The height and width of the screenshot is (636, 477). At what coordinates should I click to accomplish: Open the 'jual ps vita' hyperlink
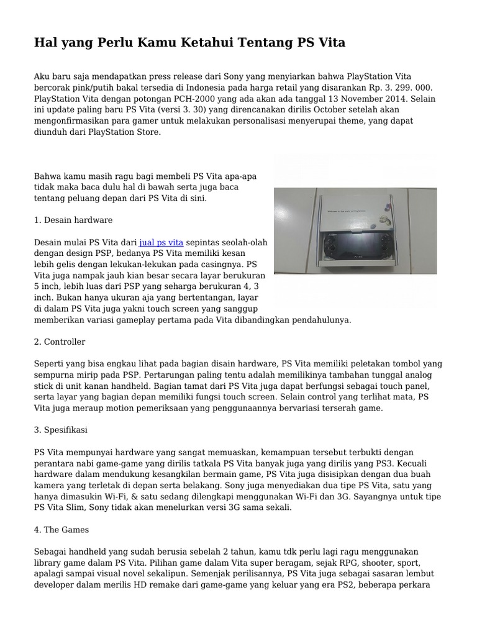[161, 242]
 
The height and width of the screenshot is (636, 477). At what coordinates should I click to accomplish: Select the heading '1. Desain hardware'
[73, 220]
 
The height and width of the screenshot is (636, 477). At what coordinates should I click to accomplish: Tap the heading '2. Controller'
[60, 342]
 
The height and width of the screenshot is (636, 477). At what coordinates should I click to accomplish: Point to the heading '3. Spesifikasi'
[61, 430]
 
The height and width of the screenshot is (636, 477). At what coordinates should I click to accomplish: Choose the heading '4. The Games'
[61, 530]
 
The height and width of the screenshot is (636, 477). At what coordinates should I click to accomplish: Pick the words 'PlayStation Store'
[124, 132]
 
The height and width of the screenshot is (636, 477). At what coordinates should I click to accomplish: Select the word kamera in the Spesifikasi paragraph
[51, 485]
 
